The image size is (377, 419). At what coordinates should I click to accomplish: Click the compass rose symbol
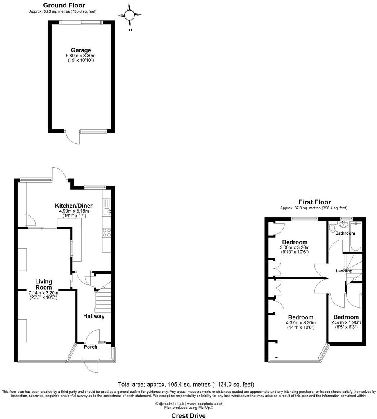tap(130, 15)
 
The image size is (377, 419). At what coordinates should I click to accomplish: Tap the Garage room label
tap(81, 50)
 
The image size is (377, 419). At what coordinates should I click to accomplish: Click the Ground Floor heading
tap(64, 5)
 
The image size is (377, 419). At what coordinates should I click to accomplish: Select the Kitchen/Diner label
tap(73, 205)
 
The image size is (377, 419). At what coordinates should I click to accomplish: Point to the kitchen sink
tap(107, 212)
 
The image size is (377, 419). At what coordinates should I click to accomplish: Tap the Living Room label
tap(43, 284)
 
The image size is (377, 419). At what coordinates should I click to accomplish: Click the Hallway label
tap(93, 316)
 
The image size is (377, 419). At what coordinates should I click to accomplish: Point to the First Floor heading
tap(314, 202)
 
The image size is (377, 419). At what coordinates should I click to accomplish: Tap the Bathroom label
tap(345, 233)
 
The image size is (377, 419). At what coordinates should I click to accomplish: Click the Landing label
tap(344, 271)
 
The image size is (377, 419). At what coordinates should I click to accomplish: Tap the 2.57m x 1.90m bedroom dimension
tap(346, 322)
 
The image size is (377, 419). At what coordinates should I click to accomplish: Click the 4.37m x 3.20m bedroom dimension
tap(301, 323)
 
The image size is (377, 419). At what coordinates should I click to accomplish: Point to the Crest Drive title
tap(188, 415)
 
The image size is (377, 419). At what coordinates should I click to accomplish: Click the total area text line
tap(188, 384)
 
